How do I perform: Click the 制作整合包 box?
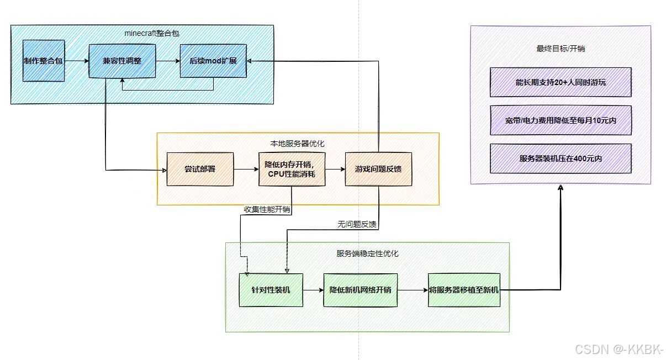[x=44, y=61]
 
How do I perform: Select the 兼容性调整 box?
[x=122, y=61]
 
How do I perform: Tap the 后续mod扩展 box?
[x=213, y=61]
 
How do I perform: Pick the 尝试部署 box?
[x=200, y=168]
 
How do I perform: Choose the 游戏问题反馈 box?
[x=378, y=168]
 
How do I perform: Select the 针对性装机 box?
[x=271, y=290]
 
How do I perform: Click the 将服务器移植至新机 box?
[x=464, y=289]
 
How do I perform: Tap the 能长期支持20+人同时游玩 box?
[x=561, y=82]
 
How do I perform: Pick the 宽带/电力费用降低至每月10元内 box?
[x=561, y=120]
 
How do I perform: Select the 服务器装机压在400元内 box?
[x=561, y=158]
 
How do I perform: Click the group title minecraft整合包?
[x=152, y=33]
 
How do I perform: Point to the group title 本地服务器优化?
[x=297, y=144]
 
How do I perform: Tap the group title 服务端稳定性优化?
[x=367, y=253]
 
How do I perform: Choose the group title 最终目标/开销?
[x=561, y=49]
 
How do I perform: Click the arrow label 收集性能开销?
[x=267, y=209]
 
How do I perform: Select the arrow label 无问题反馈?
[x=357, y=225]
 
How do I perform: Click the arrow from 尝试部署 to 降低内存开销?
[x=246, y=168]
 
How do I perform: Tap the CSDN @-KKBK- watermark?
[x=619, y=350]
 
